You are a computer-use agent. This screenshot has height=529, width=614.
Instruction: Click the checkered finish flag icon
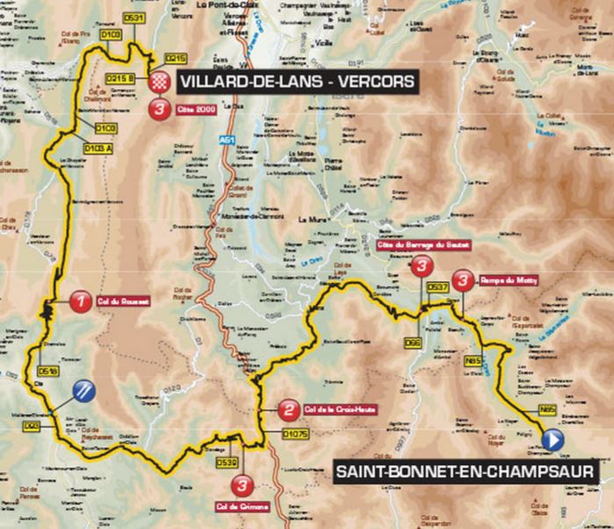click(x=159, y=83)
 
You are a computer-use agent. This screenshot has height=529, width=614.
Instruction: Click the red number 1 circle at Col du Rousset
click(x=81, y=301)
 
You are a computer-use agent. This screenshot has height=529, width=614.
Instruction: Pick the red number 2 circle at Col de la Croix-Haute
click(x=287, y=409)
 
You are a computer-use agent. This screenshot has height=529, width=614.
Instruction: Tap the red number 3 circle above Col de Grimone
click(x=247, y=483)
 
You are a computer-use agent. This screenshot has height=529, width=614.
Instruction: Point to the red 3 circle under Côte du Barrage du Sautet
click(x=423, y=267)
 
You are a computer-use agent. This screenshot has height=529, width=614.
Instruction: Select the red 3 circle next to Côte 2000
click(x=159, y=110)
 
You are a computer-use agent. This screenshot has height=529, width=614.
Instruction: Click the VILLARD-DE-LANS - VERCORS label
click(x=296, y=83)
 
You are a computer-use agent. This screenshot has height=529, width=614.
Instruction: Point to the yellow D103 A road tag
click(x=101, y=149)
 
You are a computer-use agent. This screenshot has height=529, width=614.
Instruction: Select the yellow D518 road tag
click(x=48, y=372)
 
